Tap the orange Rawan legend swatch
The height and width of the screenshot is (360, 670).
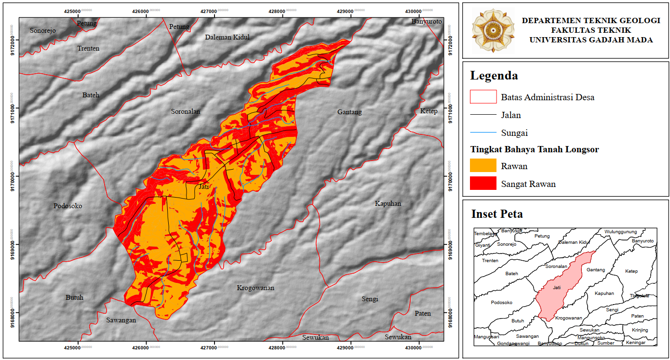[483, 166]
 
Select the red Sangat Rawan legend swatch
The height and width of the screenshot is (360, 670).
[483, 184]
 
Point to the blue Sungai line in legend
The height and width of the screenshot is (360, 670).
[483, 133]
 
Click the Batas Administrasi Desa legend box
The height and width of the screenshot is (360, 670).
[483, 97]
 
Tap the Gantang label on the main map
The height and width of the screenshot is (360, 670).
[349, 112]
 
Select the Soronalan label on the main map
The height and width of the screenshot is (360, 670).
[186, 111]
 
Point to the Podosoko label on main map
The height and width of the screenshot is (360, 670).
[68, 206]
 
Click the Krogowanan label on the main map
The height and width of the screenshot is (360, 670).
[255, 288]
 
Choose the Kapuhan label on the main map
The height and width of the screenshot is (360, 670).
[388, 203]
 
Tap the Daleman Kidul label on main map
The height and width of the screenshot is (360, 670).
[228, 37]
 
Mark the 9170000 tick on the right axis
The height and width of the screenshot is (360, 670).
[450, 176]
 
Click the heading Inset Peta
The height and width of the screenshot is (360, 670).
[497, 214]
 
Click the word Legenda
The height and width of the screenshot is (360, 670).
[494, 76]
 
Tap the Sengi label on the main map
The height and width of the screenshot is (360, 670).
[370, 299]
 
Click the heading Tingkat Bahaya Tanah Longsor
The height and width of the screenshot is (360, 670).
[535, 149]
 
